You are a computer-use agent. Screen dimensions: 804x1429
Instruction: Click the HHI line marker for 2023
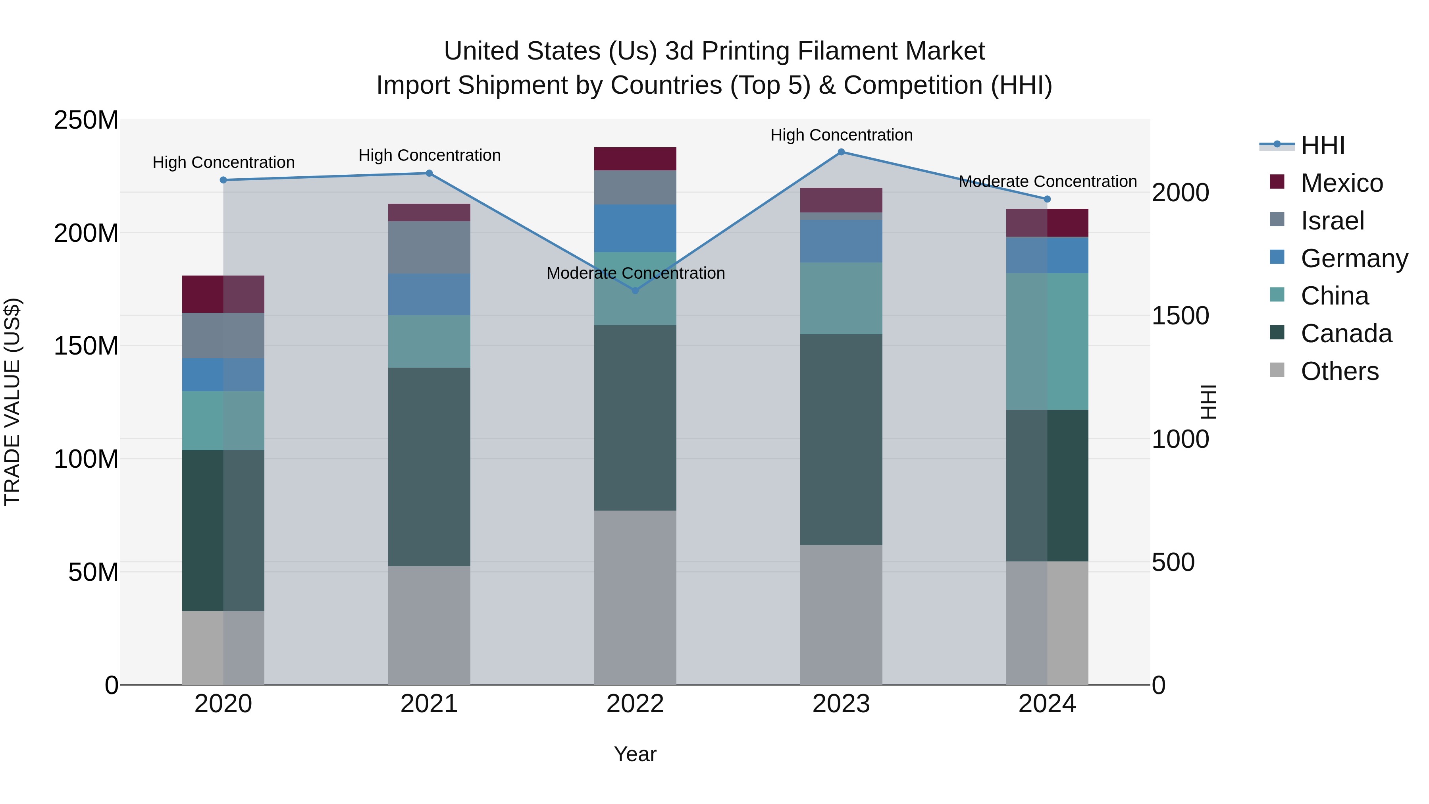[841, 152]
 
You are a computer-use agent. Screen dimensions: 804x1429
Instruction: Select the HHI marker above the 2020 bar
[223, 180]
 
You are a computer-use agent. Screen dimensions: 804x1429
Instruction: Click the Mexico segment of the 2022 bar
[635, 159]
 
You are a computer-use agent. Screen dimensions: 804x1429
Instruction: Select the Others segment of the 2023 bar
[841, 614]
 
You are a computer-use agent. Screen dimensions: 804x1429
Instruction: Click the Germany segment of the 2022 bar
[635, 228]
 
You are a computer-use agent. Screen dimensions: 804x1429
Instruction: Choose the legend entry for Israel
[1331, 220]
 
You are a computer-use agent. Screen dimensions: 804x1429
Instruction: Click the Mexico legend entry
[1341, 183]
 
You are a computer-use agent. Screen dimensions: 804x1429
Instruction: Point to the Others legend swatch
[1277, 370]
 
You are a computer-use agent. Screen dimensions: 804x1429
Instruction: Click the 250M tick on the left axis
[86, 120]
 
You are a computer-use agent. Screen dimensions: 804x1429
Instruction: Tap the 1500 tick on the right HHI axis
[1180, 316]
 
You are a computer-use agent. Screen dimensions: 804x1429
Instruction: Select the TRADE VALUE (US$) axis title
[12, 402]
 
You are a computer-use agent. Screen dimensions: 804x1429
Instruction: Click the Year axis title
[635, 754]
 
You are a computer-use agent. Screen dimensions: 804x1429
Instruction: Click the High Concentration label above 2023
[841, 135]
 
